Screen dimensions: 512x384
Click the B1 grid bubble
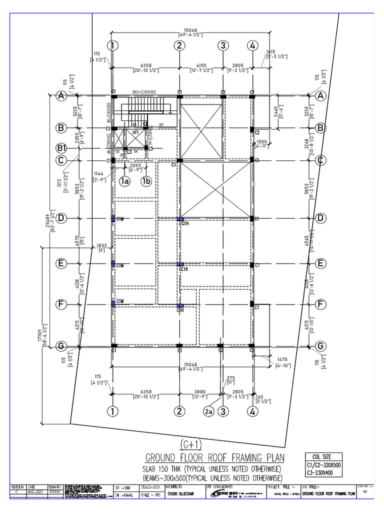coord(61,148)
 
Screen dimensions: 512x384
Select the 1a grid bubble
coord(125,181)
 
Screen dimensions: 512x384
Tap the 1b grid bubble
coord(146,181)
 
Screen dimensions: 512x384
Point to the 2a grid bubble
coord(209,411)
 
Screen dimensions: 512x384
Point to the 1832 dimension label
coord(102,245)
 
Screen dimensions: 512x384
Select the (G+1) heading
coord(192,444)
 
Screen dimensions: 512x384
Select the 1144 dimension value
coord(99,174)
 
